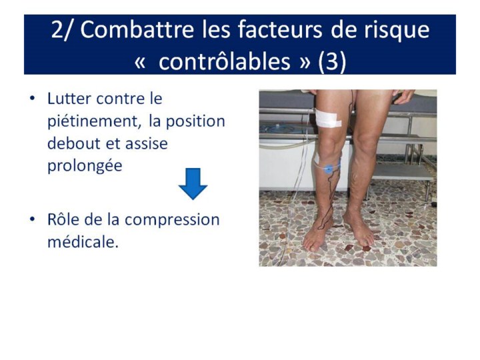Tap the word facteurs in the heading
point(280,30)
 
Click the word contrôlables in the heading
point(225,61)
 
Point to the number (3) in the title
point(332,62)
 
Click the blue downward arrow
point(193,184)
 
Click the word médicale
point(83,242)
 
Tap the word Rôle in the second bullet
point(63,219)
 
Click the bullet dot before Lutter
point(32,99)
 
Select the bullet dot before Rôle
point(32,219)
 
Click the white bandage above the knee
point(328,119)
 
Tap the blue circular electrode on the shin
point(328,169)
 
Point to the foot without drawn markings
point(359,228)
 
